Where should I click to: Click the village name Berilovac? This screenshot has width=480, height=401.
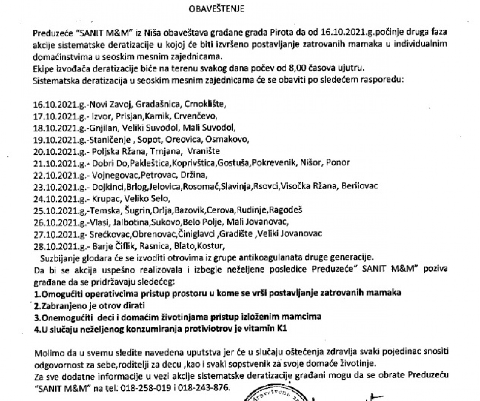coord(359,186)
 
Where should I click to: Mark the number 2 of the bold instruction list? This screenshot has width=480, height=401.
coord(36,305)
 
